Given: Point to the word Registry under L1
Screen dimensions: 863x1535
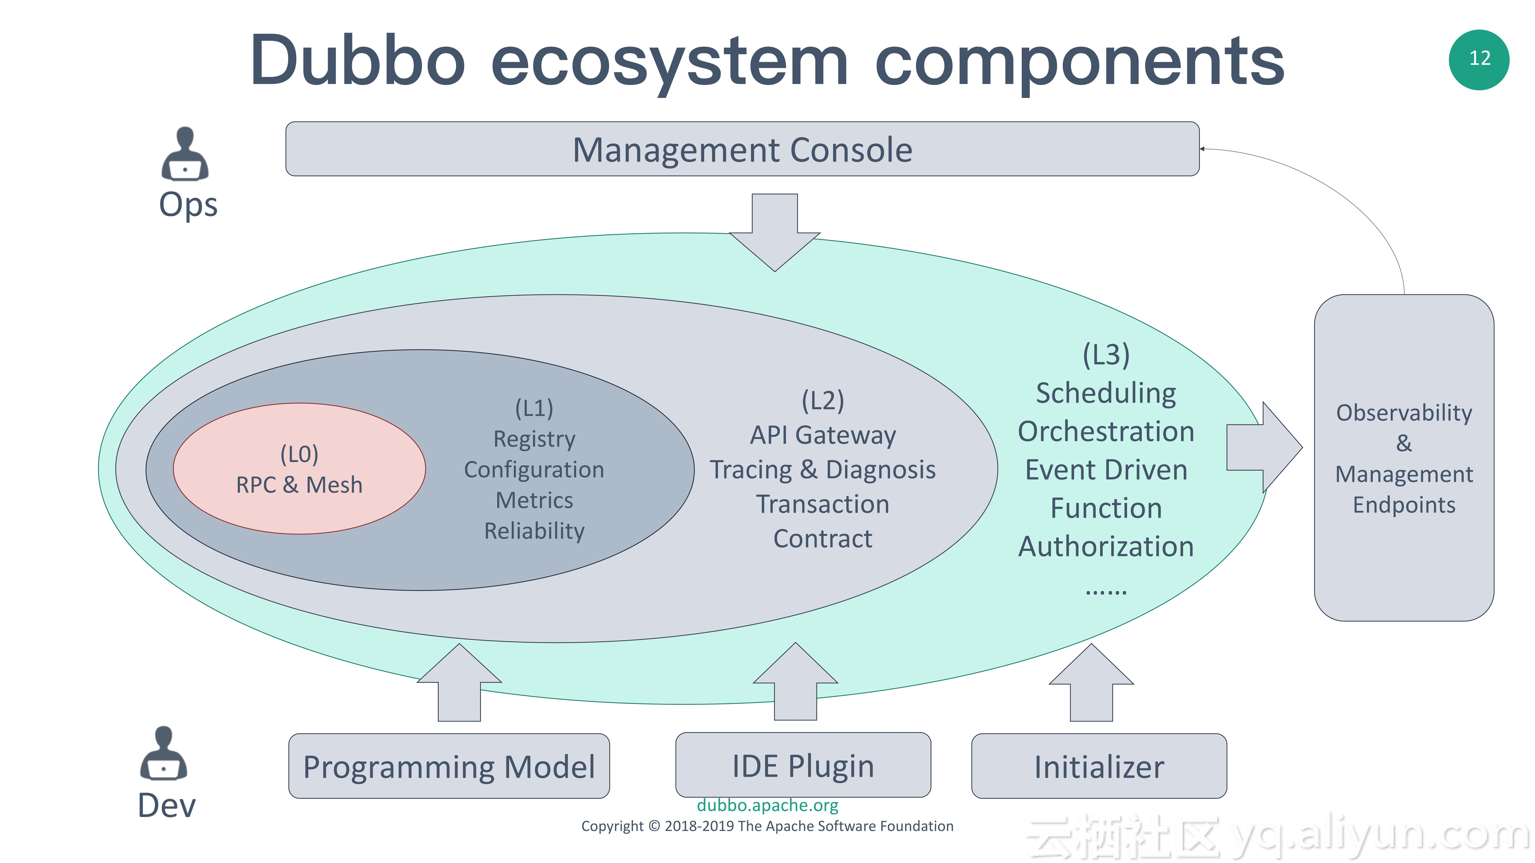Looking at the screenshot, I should (x=534, y=439).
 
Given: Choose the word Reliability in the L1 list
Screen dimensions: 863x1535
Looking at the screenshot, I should (x=534, y=531).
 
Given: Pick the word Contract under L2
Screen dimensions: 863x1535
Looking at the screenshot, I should (x=822, y=538).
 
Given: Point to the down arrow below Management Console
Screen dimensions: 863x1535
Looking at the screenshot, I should (x=775, y=232).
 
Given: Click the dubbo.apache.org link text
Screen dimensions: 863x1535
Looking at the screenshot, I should (x=767, y=805).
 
